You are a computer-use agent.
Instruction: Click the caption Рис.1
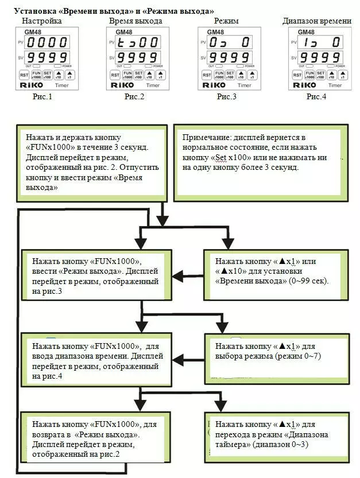tap(42, 96)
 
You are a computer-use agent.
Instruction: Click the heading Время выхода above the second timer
tap(136, 21)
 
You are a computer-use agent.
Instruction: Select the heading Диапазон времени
tap(317, 21)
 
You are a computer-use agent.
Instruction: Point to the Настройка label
tap(42, 21)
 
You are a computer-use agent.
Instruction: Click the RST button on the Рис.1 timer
tap(24, 75)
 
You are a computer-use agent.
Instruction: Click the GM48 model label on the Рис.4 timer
tap(307, 32)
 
